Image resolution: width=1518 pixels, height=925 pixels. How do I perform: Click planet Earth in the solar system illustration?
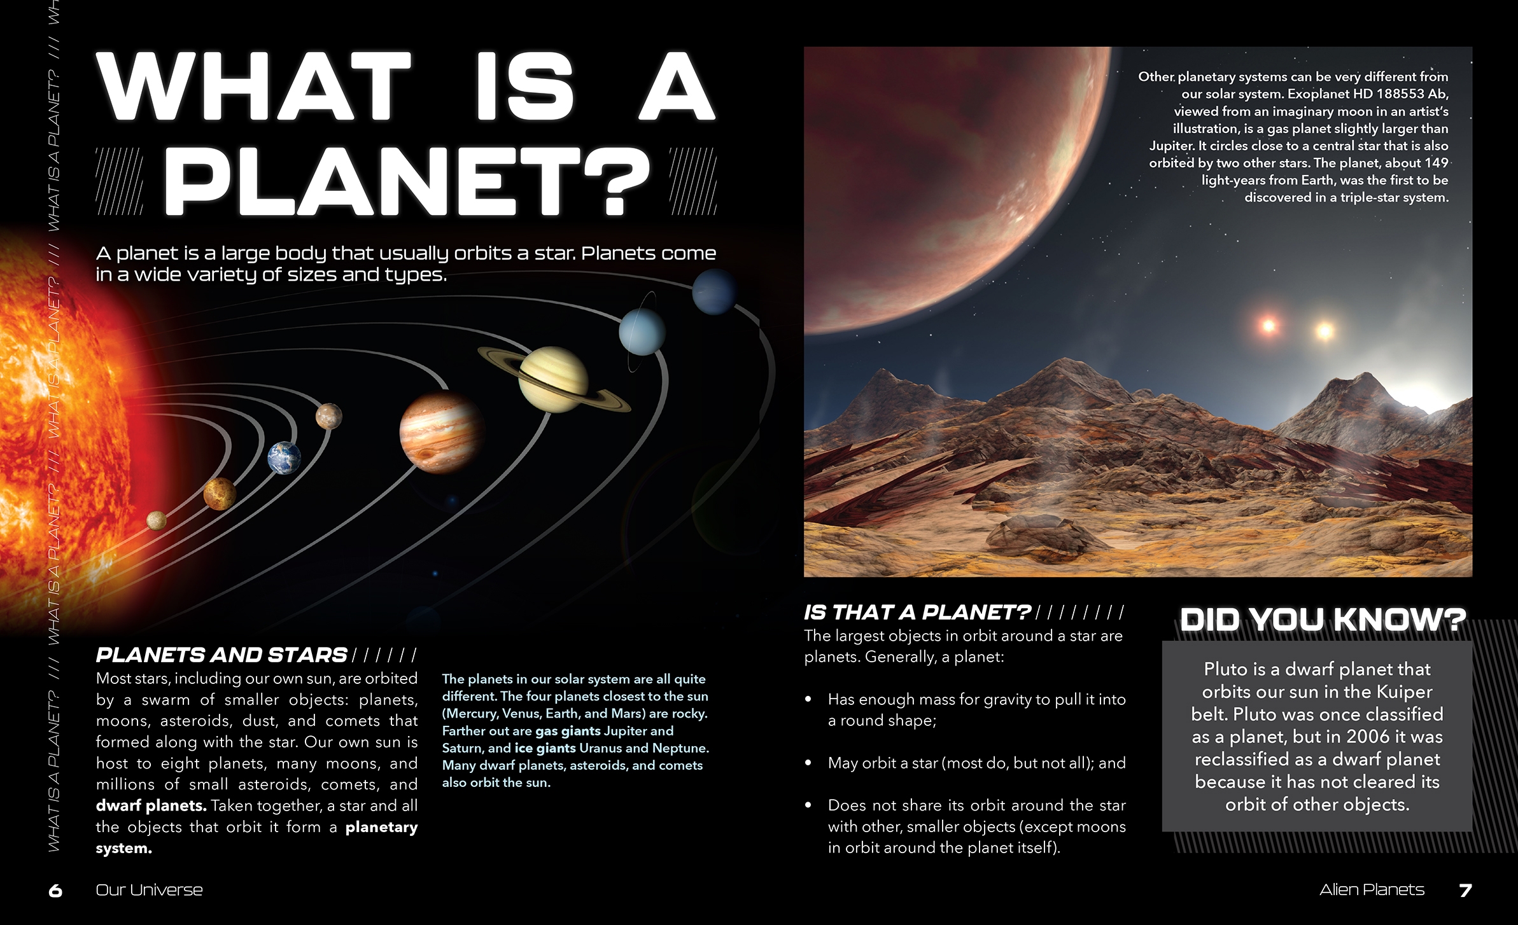pyautogui.click(x=284, y=458)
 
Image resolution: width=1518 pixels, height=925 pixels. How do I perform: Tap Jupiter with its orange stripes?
pyautogui.click(x=442, y=433)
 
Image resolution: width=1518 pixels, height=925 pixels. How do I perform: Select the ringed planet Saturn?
pyautogui.click(x=554, y=380)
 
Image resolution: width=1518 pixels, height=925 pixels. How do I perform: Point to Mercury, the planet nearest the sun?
pyautogui.click(x=157, y=520)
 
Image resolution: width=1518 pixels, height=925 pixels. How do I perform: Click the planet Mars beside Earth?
pyautogui.click(x=329, y=417)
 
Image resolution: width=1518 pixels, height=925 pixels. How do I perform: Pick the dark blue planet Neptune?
pyautogui.click(x=715, y=291)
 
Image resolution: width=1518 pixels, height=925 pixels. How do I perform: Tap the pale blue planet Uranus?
pyautogui.click(x=642, y=332)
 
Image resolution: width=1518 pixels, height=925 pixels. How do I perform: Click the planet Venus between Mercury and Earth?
pyautogui.click(x=220, y=494)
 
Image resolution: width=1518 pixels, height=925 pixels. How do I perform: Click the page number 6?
pyautogui.click(x=55, y=891)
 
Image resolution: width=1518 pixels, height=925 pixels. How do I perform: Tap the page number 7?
pyautogui.click(x=1465, y=890)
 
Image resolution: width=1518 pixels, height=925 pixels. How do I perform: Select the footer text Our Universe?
pyautogui.click(x=149, y=890)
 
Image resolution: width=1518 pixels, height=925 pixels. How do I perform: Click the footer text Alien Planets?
pyautogui.click(x=1372, y=889)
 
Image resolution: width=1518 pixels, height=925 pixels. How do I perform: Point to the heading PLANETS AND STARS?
pyautogui.click(x=221, y=655)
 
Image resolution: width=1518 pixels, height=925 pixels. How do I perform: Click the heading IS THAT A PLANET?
pyautogui.click(x=917, y=612)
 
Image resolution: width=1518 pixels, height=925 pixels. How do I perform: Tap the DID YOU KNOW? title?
pyautogui.click(x=1323, y=620)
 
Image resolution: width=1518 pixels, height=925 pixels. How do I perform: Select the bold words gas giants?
pyautogui.click(x=568, y=731)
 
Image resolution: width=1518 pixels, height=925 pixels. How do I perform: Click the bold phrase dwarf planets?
pyautogui.click(x=151, y=805)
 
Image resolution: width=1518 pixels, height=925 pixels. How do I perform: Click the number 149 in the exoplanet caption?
pyautogui.click(x=1436, y=163)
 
